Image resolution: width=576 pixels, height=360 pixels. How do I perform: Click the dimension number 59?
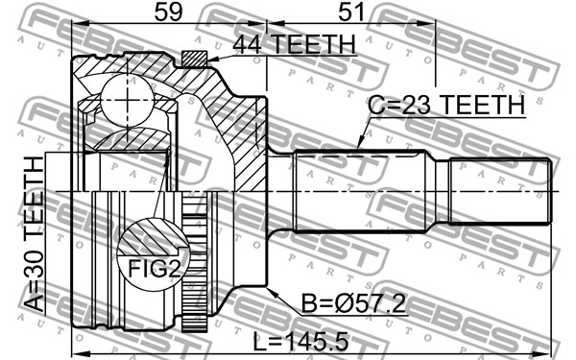coord(168,12)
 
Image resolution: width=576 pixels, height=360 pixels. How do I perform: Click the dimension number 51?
coord(351,12)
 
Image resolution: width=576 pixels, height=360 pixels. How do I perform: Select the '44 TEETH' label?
coord(295,44)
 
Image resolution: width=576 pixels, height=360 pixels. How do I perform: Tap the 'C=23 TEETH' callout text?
coord(446,105)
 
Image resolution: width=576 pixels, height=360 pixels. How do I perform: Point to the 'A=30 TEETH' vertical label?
coord(35,234)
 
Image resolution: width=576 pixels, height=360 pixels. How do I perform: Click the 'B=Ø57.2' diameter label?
coord(353,303)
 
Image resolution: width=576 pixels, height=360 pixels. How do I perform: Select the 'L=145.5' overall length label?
coord(300,343)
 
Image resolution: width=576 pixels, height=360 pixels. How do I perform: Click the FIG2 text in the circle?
coord(155,269)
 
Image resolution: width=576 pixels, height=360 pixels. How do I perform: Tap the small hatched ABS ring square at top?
coord(194,59)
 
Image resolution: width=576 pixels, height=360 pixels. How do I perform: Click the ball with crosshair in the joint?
coord(127,100)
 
